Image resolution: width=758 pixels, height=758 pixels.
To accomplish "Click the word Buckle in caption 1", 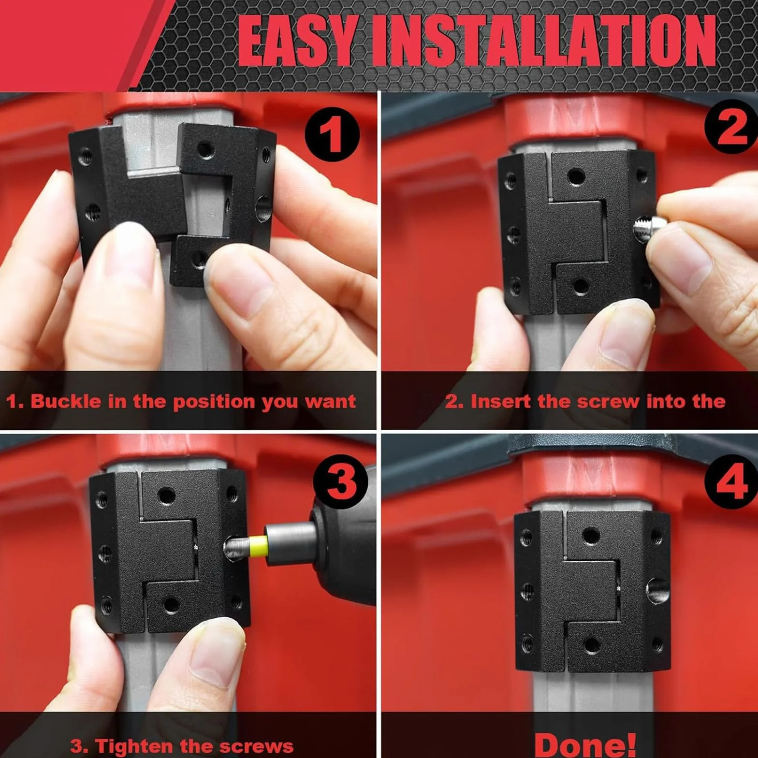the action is point(66,401).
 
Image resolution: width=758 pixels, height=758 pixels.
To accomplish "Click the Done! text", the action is point(585,745).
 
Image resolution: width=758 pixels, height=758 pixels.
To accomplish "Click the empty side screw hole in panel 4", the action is point(658,590).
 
